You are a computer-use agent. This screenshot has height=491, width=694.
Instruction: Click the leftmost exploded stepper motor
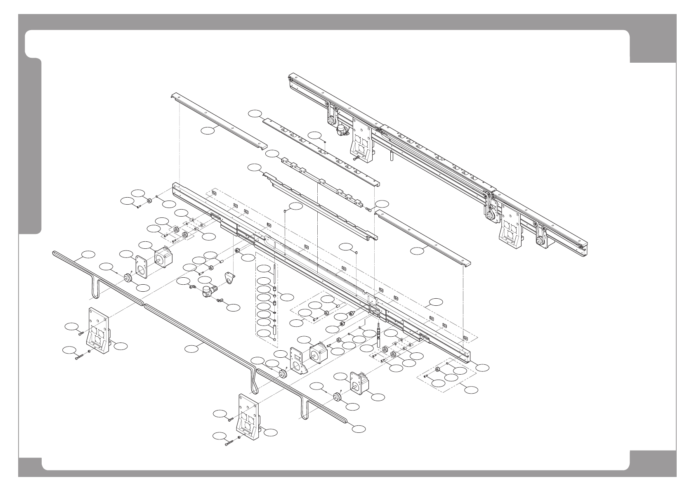pos(164,256)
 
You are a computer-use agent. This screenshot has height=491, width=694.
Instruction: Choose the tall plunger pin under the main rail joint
pos(378,336)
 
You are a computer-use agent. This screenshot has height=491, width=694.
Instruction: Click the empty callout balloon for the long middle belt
pos(191,349)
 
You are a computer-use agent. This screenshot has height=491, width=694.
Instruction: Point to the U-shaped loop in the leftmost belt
pos(95,287)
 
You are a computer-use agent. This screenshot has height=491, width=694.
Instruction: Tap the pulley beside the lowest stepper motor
pos(338,397)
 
